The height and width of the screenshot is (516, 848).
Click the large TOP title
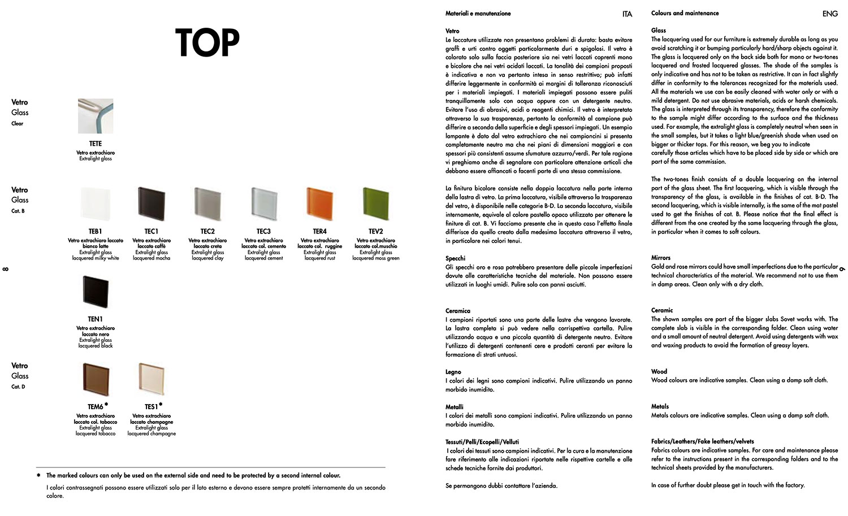207,42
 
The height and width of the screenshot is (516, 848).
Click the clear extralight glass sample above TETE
96,116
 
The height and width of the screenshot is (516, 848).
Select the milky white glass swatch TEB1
96,204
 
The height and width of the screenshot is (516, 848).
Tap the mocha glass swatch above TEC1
152,204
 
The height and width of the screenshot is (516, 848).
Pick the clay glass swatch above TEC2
207,204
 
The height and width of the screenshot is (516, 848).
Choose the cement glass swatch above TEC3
263,204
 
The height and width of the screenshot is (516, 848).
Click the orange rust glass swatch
319,204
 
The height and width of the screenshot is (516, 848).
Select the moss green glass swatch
375,204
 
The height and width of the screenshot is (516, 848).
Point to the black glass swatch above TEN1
96,292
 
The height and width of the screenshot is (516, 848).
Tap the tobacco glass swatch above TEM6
96,379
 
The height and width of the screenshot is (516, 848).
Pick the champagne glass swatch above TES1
152,379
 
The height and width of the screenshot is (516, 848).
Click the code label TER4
319,231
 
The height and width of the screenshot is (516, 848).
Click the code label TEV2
375,231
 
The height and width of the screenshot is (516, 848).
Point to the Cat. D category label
18,387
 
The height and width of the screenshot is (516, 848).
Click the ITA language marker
627,14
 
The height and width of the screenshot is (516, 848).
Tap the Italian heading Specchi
455,258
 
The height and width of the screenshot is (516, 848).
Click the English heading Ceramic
662,310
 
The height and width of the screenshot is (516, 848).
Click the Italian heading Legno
453,372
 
